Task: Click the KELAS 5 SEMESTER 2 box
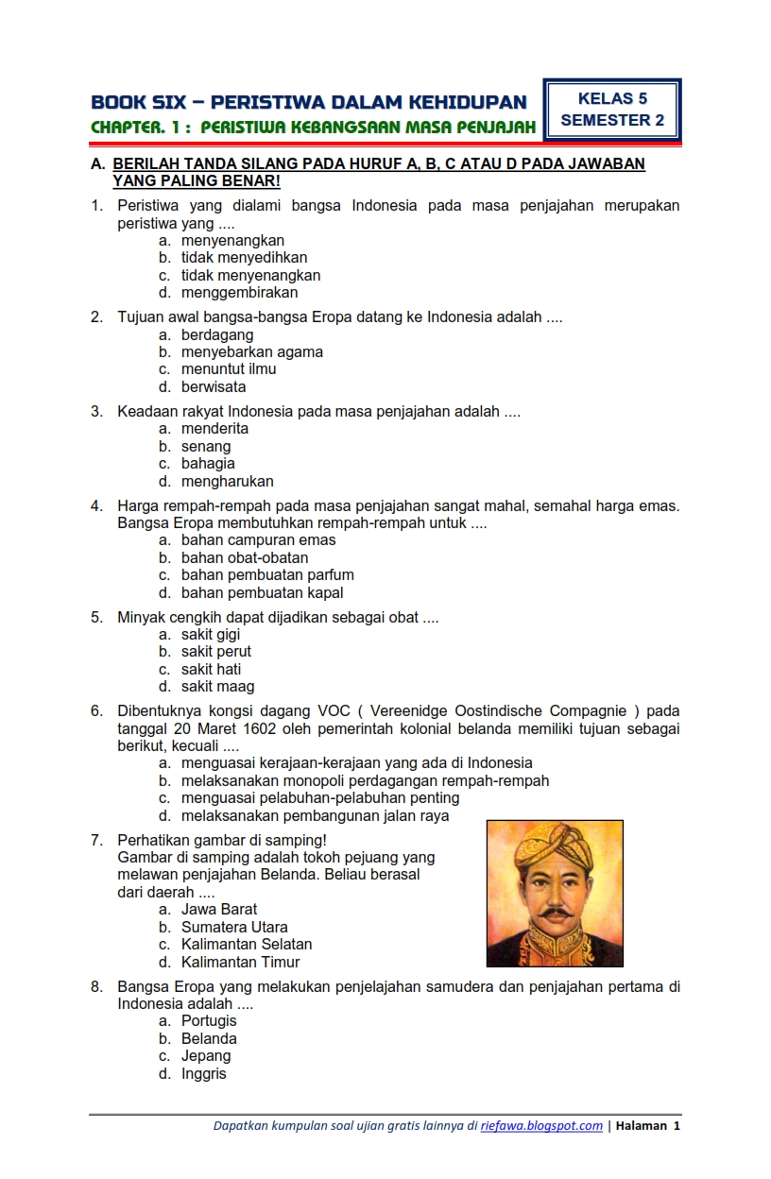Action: click(x=612, y=110)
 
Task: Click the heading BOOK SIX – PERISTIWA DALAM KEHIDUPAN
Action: click(x=309, y=102)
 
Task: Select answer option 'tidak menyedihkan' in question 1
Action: click(x=244, y=258)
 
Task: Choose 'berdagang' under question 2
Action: click(x=217, y=335)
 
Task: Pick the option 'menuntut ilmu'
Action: click(x=229, y=369)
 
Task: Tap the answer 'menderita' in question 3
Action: click(x=214, y=429)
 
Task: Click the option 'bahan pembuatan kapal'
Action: click(x=262, y=593)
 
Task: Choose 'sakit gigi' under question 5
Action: click(x=211, y=635)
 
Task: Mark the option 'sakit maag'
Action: click(x=217, y=687)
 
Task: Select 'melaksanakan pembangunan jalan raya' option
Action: click(x=315, y=816)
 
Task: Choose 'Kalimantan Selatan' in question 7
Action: click(x=247, y=945)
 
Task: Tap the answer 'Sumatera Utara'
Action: click(x=234, y=928)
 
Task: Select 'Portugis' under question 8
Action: click(x=209, y=1021)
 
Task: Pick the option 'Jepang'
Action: click(x=206, y=1056)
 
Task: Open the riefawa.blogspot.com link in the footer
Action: click(x=541, y=1125)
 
